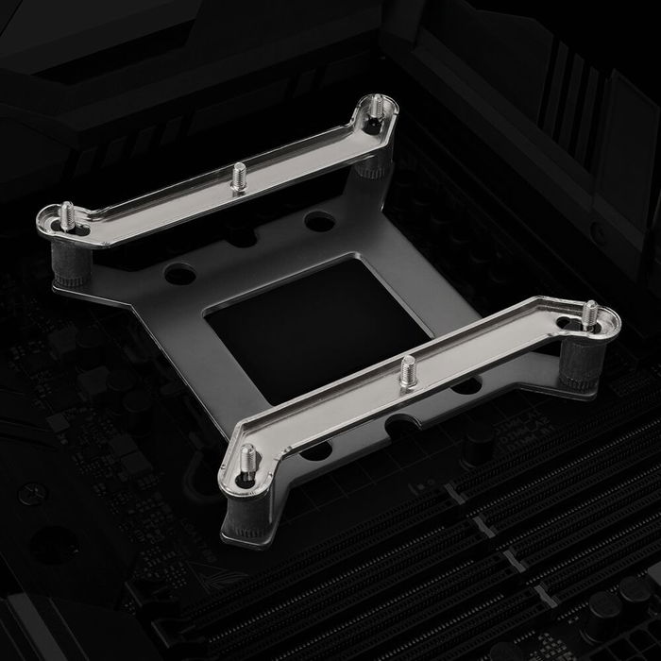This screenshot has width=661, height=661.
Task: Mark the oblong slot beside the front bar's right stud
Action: tap(567, 326)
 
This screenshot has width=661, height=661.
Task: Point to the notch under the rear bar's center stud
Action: tap(238, 227)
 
